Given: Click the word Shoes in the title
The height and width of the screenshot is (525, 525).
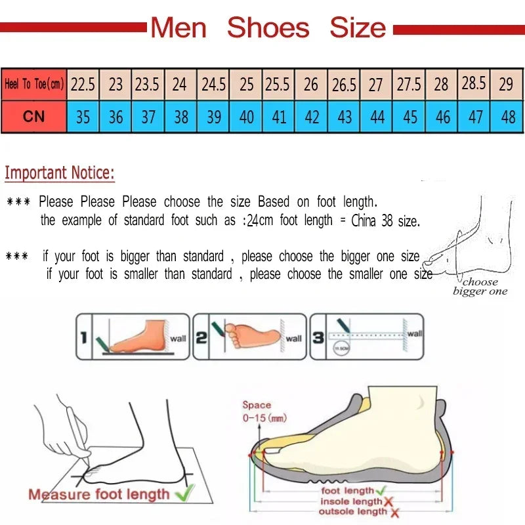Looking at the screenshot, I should [x=268, y=28].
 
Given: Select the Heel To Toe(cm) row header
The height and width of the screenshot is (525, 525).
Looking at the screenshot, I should [x=34, y=84].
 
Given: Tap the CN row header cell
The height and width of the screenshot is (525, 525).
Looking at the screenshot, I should [x=34, y=116].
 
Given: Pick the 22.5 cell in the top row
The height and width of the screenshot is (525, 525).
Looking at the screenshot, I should [x=83, y=84].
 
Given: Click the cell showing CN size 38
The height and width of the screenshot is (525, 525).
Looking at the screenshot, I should [x=180, y=117].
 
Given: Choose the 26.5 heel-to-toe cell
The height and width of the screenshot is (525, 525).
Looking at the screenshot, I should [x=344, y=85].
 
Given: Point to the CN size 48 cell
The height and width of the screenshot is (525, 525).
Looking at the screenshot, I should [x=507, y=117].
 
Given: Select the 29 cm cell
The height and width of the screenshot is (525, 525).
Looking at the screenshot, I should [x=506, y=84].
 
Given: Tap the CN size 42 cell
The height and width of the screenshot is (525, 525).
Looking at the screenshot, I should [x=312, y=117].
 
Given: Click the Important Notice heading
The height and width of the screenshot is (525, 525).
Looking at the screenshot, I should [x=60, y=173].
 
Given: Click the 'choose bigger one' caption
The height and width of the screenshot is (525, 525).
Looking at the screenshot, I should [x=480, y=287].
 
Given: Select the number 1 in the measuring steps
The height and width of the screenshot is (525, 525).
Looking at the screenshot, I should [x=83, y=339].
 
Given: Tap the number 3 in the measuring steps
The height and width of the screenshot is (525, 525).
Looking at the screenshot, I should [x=318, y=339].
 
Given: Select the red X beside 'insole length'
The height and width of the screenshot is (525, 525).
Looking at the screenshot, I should [x=389, y=501].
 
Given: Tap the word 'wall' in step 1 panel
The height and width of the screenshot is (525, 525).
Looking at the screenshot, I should [x=178, y=339].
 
